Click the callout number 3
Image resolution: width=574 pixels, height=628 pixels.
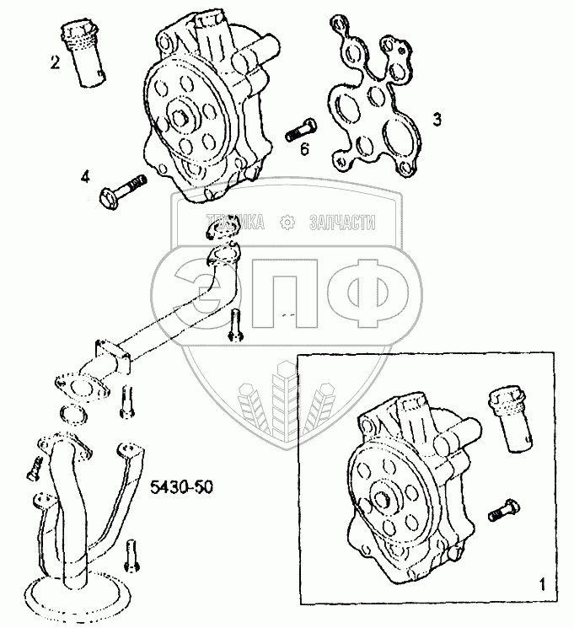tap(437, 120)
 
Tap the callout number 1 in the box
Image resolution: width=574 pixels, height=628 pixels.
tap(543, 582)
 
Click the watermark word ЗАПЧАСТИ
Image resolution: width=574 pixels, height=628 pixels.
tap(342, 222)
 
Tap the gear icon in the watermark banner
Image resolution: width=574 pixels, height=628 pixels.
tap(287, 222)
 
